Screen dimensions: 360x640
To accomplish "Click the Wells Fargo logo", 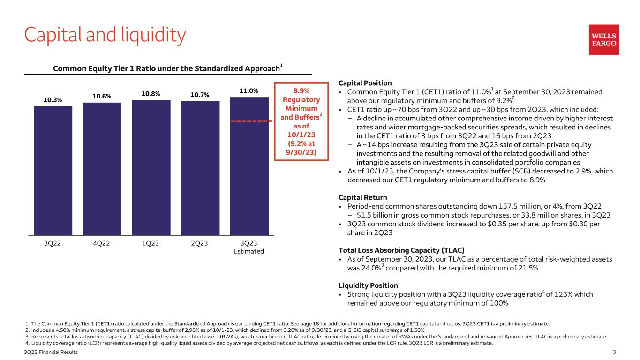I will point(604,40).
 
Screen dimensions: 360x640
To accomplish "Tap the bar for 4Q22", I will point(102,168).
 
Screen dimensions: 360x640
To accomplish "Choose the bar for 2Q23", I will point(200,168).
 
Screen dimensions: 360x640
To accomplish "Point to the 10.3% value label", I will point(53,100).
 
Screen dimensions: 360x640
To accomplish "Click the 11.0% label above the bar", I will point(249,91).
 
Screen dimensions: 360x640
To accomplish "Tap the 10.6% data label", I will point(102,97).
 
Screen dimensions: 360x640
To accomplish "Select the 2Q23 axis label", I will point(200,243).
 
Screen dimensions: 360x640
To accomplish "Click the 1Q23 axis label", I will point(151,243).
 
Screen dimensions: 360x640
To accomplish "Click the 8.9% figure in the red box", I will point(300,90).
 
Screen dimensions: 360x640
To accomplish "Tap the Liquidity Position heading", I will point(368,285).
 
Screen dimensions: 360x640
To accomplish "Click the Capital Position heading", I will point(365,83).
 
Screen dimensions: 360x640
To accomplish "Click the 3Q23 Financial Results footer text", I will point(52,352).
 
